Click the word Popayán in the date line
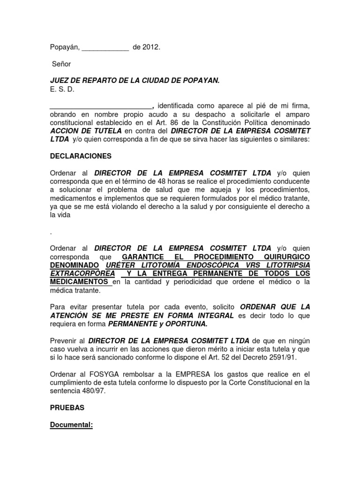pos(65,47)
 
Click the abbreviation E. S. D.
pos(62,89)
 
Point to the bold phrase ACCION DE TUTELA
pos(86,131)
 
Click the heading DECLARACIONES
pos(81,156)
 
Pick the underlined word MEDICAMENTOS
pos(80,282)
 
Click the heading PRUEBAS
pos(67,408)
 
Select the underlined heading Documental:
pos(72,425)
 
